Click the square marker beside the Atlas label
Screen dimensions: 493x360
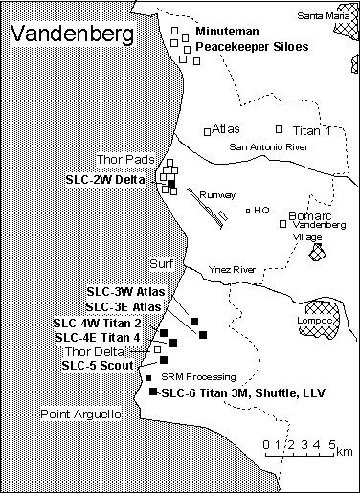(208, 131)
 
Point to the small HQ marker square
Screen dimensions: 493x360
(248, 211)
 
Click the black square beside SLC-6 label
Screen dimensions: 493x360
(153, 392)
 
